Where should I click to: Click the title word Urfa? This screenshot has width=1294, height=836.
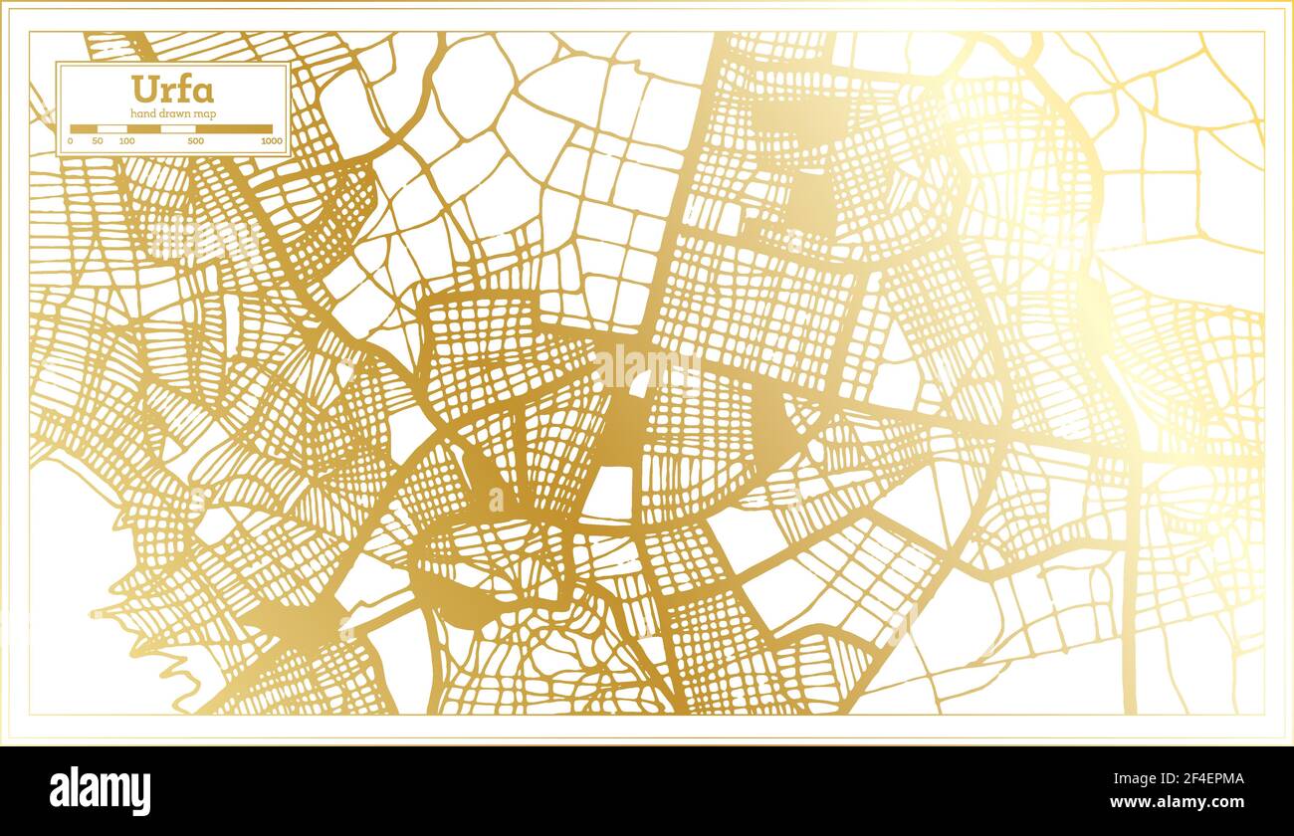(x=172, y=91)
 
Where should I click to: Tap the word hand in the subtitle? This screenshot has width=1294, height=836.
(x=144, y=114)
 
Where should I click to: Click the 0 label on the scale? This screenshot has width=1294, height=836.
(x=70, y=141)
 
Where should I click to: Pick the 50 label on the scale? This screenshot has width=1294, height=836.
(x=98, y=141)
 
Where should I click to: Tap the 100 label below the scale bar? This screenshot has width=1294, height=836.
(x=126, y=141)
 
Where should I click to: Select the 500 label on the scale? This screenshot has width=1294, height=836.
(x=196, y=141)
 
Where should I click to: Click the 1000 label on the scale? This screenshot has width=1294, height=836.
(x=271, y=141)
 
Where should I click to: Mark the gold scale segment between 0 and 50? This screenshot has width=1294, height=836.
(x=84, y=128)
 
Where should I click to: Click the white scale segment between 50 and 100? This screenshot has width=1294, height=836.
(x=111, y=128)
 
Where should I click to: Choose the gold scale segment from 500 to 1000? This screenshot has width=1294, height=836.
(x=234, y=128)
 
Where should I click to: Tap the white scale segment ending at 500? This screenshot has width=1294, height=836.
(x=178, y=128)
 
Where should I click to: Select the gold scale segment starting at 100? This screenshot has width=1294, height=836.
(x=143, y=128)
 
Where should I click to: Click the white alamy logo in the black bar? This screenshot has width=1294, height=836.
(x=101, y=790)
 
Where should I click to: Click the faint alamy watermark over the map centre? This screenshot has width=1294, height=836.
(x=647, y=368)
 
